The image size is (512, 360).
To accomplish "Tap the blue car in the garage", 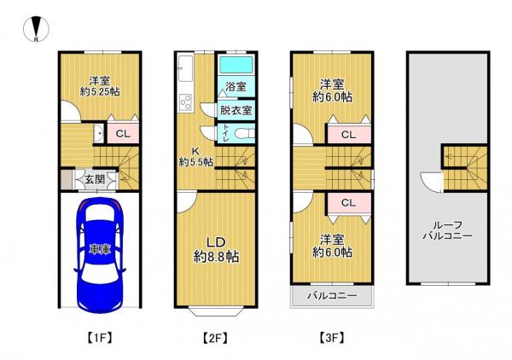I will click(x=100, y=254).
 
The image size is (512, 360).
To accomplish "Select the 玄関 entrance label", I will click(x=95, y=179).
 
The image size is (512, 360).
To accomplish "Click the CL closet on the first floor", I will click(x=122, y=133).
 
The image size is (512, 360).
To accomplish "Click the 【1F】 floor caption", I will click(x=100, y=337).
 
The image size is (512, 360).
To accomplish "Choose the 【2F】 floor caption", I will click(x=216, y=337).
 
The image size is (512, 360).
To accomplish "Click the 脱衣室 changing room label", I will click(x=236, y=110).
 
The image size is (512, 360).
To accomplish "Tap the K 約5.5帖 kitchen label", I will click(x=195, y=155).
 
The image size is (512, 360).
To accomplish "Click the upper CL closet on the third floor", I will click(x=348, y=134).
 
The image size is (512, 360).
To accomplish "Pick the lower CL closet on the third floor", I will click(x=348, y=202).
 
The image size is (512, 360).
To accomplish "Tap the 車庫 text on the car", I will click(x=100, y=250).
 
